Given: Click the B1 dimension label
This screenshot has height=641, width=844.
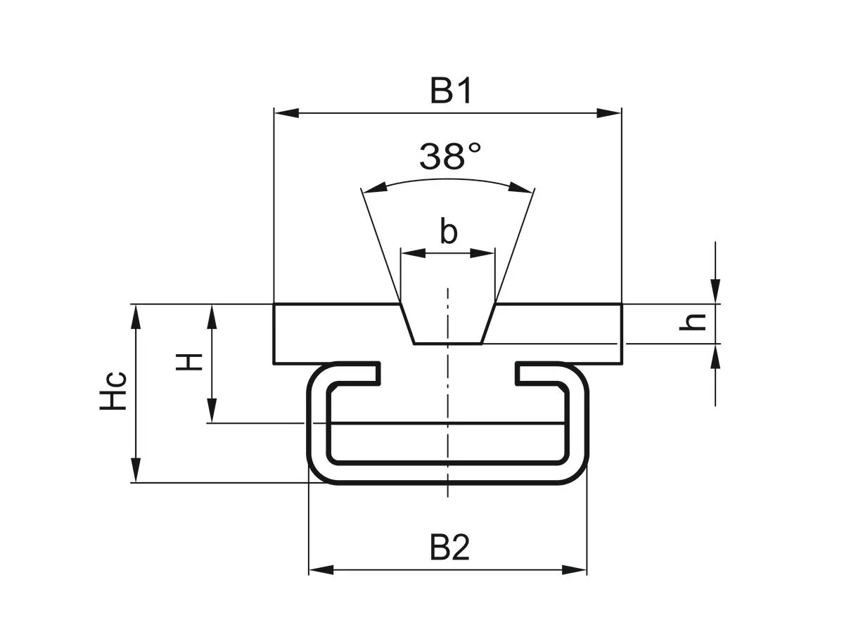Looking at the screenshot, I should point(450,92).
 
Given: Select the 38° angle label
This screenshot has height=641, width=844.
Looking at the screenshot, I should point(450,157).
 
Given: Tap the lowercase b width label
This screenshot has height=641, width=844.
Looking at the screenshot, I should point(448,231).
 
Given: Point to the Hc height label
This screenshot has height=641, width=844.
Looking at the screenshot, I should point(113,390).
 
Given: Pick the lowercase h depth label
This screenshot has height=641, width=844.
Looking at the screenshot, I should point(695,322).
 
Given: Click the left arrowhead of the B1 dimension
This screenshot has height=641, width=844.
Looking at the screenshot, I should point(285,112).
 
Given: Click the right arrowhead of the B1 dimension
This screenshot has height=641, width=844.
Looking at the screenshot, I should point(610,112).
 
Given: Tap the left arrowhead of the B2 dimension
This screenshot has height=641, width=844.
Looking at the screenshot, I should point(320,569).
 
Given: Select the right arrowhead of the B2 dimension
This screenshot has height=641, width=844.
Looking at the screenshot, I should point(575,569).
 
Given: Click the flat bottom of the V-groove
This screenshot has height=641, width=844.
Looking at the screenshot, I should point(447,343).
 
